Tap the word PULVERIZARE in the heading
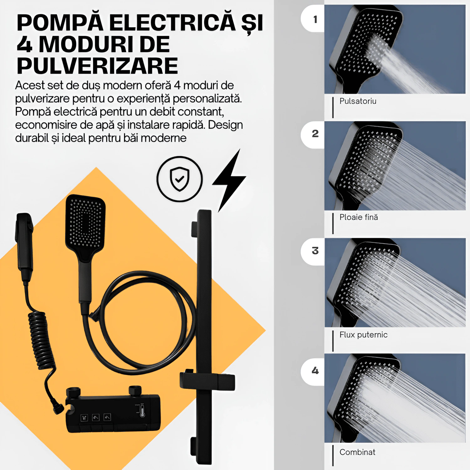click(97, 65)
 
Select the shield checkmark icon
click(180, 179)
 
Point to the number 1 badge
click(313, 19)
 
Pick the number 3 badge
click(313, 252)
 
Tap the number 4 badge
click(313, 372)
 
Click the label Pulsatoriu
click(358, 101)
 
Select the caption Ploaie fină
click(359, 217)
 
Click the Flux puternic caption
click(363, 335)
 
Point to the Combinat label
click(357, 452)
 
